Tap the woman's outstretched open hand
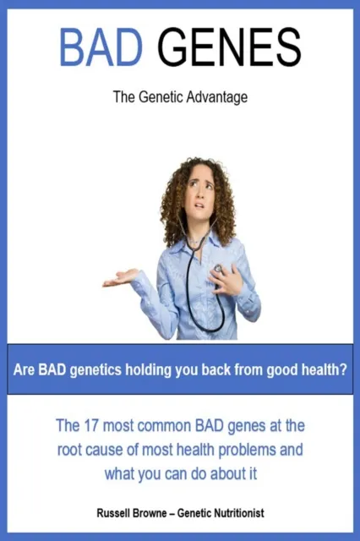coord(121,277)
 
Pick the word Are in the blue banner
coord(26,369)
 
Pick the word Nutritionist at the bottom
coord(246,513)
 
